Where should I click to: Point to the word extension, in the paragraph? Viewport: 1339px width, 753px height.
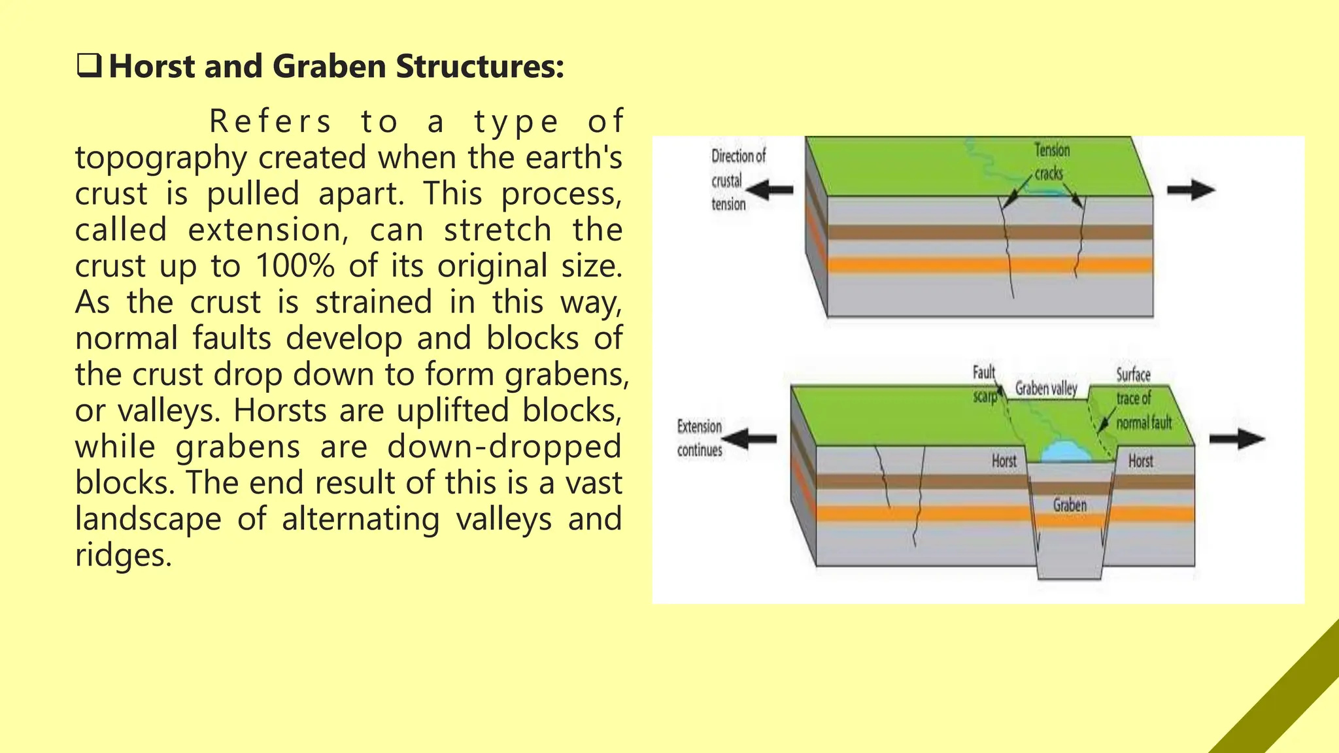tap(264, 230)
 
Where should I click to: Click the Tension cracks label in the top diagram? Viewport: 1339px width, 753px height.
tap(1051, 161)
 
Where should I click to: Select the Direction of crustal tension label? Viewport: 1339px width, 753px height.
tap(737, 180)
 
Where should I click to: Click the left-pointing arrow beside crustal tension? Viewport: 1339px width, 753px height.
tap(770, 191)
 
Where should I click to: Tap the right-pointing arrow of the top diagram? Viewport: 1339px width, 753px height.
tap(1191, 190)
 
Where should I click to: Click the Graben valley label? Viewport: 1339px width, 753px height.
tap(1045, 388)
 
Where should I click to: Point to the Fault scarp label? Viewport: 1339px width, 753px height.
tap(984, 384)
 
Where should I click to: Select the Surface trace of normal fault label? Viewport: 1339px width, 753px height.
tap(1143, 399)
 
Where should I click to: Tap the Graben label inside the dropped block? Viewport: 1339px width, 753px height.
tap(1070, 505)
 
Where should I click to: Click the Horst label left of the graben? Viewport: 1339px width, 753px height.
tap(1004, 461)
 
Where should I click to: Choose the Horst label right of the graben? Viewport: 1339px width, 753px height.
tap(1140, 461)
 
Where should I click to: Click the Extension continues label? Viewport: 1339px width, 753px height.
tap(699, 438)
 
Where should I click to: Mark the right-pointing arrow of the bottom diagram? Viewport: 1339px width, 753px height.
tap(1236, 439)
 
